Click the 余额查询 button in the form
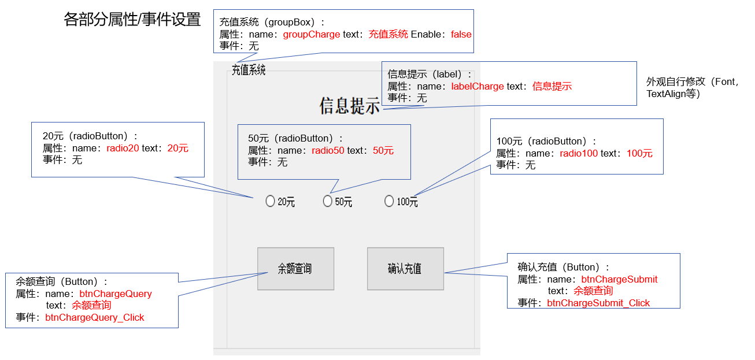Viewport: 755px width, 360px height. click(295, 269)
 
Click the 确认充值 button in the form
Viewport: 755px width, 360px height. click(405, 269)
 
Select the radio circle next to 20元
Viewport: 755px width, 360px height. click(270, 201)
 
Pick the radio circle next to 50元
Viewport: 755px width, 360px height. click(328, 201)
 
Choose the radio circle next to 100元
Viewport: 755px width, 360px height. click(389, 201)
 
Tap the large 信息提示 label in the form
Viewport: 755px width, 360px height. click(350, 106)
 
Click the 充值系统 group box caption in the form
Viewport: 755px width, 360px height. click(249, 70)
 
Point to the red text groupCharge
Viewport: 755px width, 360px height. click(312, 34)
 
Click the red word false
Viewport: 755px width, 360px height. click(461, 34)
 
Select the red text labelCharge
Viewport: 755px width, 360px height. click(478, 86)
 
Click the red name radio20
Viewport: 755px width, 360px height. click(123, 148)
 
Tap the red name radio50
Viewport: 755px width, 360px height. click(328, 150)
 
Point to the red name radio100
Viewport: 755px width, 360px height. click(579, 153)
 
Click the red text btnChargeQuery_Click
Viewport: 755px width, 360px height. click(95, 317)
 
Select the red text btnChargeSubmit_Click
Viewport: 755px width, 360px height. click(598, 303)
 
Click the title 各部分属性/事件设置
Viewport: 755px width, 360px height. click(132, 20)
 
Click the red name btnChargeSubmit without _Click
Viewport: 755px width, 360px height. click(619, 279)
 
